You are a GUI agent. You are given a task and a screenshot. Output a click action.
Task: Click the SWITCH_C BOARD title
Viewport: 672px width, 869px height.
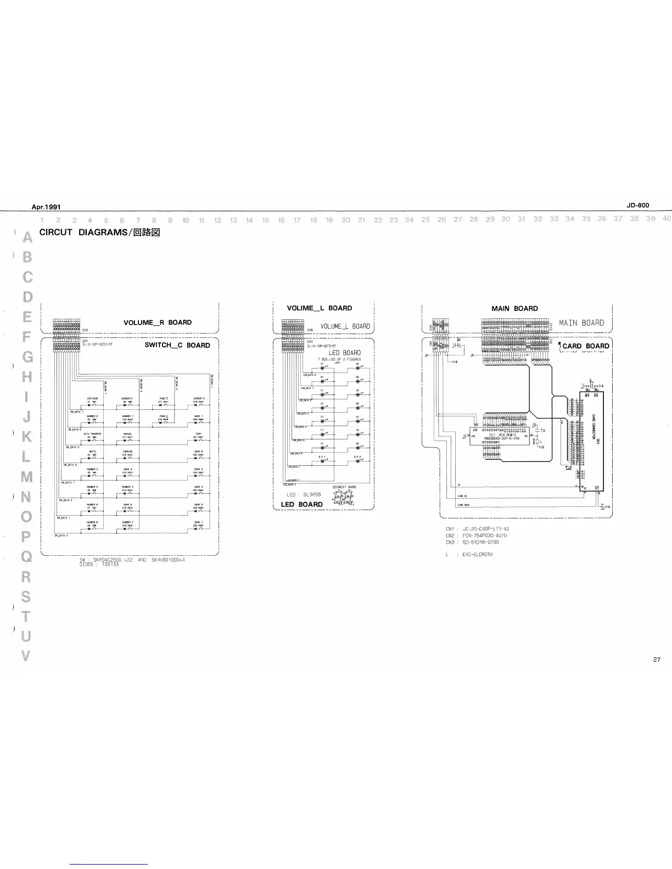[x=177, y=345]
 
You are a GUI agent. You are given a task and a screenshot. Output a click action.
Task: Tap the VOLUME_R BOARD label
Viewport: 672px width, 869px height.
[x=158, y=323]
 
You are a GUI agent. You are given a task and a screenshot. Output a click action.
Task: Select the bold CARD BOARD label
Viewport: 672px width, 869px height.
[x=585, y=346]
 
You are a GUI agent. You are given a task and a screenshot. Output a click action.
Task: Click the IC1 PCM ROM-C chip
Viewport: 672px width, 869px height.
[x=501, y=436]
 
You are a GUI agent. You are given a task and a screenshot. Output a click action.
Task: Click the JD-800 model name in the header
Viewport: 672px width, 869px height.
[x=637, y=205]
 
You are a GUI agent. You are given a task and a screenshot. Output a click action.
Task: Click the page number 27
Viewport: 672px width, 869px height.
[x=657, y=659]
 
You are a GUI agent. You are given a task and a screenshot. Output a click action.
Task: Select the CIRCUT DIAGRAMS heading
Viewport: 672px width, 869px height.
[x=99, y=232]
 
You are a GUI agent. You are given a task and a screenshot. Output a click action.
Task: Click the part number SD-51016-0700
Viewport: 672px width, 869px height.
[x=480, y=542]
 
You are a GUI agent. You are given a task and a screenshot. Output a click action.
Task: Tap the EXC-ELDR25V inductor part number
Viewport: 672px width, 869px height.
[x=478, y=554]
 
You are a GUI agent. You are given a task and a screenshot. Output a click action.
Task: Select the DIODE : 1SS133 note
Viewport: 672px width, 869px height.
[x=99, y=564]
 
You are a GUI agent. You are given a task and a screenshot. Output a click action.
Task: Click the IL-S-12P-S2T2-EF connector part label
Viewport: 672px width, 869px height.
[x=97, y=344]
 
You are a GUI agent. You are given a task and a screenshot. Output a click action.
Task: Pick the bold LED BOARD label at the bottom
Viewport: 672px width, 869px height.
[x=301, y=504]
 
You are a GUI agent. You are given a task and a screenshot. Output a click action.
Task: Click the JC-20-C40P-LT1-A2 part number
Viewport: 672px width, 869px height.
[x=485, y=529]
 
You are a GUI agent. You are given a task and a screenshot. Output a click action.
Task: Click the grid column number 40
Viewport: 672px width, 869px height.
[x=667, y=218]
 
